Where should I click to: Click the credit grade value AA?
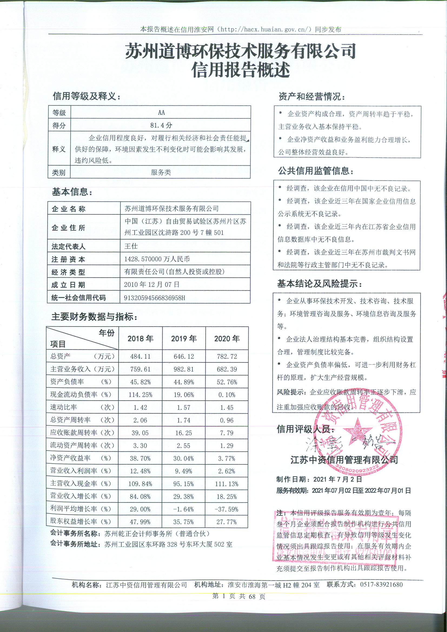point(161,112)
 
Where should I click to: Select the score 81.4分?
point(161,125)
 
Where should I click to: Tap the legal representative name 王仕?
point(131,246)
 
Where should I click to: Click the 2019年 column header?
point(184,338)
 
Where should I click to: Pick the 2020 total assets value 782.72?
point(227,357)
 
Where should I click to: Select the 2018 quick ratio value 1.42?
point(140,407)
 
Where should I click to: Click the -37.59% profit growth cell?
point(226,509)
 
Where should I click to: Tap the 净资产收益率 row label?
point(70,458)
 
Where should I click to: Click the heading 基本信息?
point(72,192)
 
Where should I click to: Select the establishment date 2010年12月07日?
point(151,284)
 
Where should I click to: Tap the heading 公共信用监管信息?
point(316,171)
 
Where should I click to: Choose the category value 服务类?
point(161,172)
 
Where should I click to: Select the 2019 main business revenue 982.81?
point(183,369)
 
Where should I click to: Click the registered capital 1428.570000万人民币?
point(157,259)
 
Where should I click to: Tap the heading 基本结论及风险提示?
point(319,284)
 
